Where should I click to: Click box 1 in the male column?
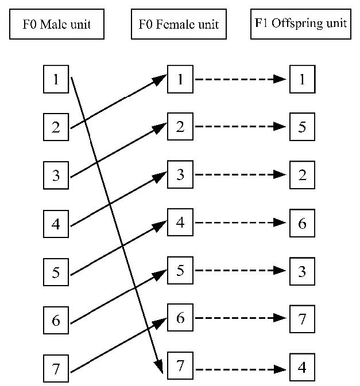coord(56,79)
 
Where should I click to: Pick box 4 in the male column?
coord(56,223)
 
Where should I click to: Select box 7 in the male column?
coord(56,368)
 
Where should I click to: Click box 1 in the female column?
coord(180,79)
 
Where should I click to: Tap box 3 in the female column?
coord(180,174)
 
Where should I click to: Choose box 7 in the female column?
coord(180,365)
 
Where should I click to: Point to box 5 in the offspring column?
coord(302,127)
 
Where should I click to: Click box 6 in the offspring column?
coord(302,223)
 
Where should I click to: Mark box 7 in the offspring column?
coord(302,318)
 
